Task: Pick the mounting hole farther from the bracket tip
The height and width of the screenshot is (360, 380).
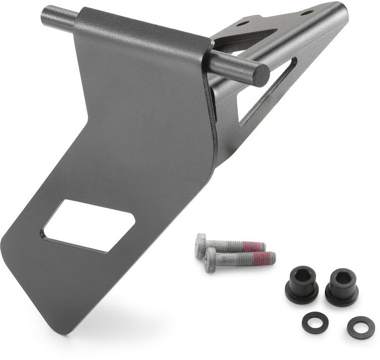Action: (x=241, y=22)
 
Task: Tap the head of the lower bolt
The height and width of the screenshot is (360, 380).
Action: (x=212, y=259)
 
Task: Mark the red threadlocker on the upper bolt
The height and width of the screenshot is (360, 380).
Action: (x=250, y=247)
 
